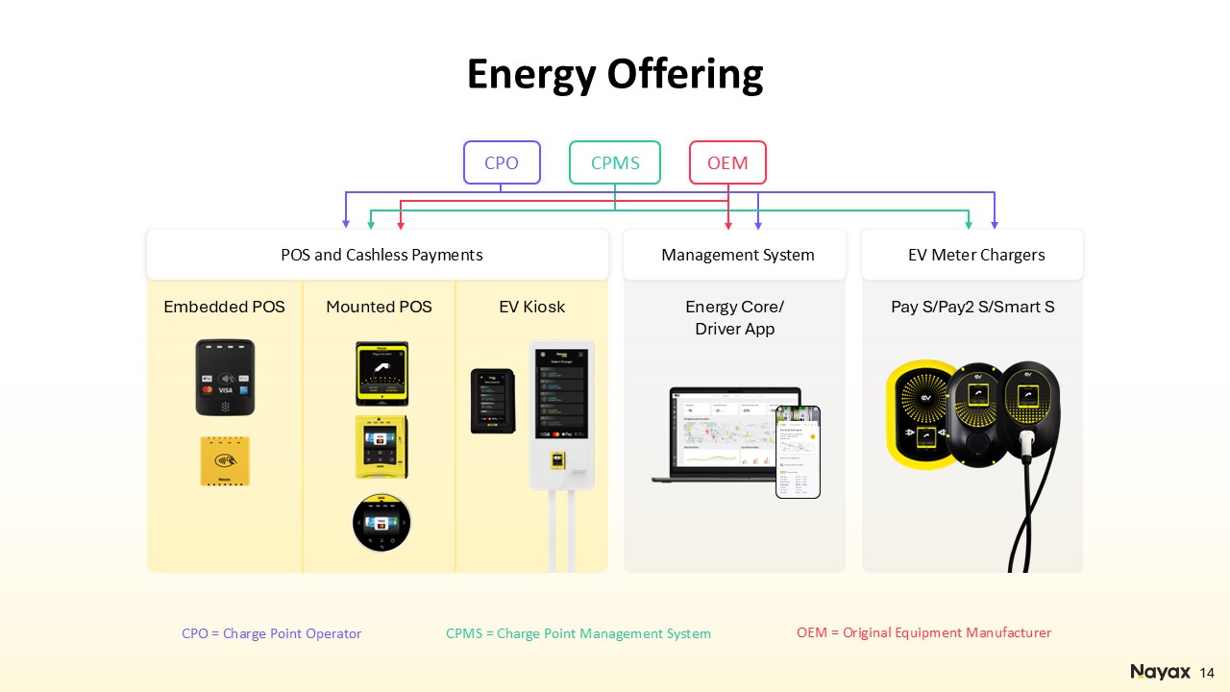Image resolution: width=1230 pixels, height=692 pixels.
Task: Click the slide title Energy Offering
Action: pyautogui.click(x=615, y=74)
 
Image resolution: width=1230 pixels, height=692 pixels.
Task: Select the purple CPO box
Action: pyautogui.click(x=502, y=162)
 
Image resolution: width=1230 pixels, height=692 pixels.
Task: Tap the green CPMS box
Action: pyautogui.click(x=615, y=162)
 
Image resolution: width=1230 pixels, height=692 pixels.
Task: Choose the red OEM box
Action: pyautogui.click(x=727, y=162)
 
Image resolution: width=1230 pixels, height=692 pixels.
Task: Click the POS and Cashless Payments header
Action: pyautogui.click(x=381, y=255)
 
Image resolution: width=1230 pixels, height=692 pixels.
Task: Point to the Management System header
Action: pyautogui.click(x=737, y=255)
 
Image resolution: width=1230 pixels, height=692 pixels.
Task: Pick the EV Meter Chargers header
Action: pyautogui.click(x=975, y=255)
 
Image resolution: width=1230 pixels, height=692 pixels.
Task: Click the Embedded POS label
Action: pyautogui.click(x=224, y=307)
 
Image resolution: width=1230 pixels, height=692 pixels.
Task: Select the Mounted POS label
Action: pyautogui.click(x=379, y=307)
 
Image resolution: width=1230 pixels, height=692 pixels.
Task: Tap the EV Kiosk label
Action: pyautogui.click(x=531, y=307)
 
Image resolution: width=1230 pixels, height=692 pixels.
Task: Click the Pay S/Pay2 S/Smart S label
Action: pyautogui.click(x=972, y=307)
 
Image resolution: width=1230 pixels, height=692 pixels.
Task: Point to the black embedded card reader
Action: pyautogui.click(x=225, y=377)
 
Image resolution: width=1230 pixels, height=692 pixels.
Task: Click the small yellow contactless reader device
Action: pyautogui.click(x=225, y=460)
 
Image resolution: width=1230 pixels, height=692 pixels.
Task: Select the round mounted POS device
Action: pyautogui.click(x=381, y=523)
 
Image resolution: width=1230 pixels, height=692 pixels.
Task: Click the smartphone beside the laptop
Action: pyautogui.click(x=798, y=452)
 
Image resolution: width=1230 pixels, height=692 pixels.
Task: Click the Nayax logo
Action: pyautogui.click(x=1160, y=671)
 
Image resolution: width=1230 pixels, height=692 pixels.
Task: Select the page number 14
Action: pyautogui.click(x=1208, y=672)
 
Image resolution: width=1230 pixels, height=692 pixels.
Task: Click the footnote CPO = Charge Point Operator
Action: pyautogui.click(x=271, y=633)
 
